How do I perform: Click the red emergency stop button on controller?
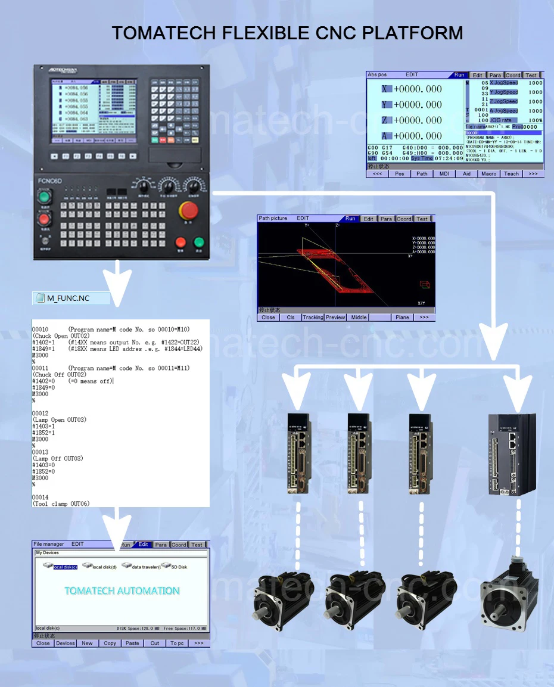pyautogui.click(x=189, y=212)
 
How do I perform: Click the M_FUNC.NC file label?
pyautogui.click(x=68, y=298)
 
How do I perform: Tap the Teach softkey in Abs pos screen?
pyautogui.click(x=511, y=174)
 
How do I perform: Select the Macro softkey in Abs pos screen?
pyautogui.click(x=488, y=174)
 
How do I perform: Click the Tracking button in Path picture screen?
pyautogui.click(x=313, y=318)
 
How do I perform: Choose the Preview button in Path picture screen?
pyautogui.click(x=335, y=318)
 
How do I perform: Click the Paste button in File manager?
pyautogui.click(x=132, y=643)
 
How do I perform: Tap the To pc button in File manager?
pyautogui.click(x=177, y=643)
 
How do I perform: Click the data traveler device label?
pyautogui.click(x=144, y=567)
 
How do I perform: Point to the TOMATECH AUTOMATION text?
pyautogui.click(x=122, y=591)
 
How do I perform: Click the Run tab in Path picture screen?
pyautogui.click(x=350, y=219)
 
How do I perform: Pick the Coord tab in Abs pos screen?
pyautogui.click(x=513, y=76)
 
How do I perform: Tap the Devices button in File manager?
pyautogui.click(x=66, y=643)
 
